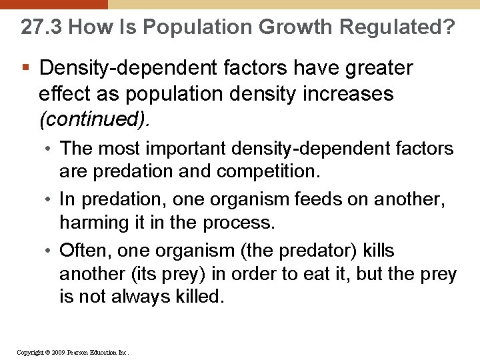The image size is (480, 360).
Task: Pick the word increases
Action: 350,93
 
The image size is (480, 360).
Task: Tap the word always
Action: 142,297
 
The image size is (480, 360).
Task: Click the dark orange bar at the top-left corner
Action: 53,4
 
